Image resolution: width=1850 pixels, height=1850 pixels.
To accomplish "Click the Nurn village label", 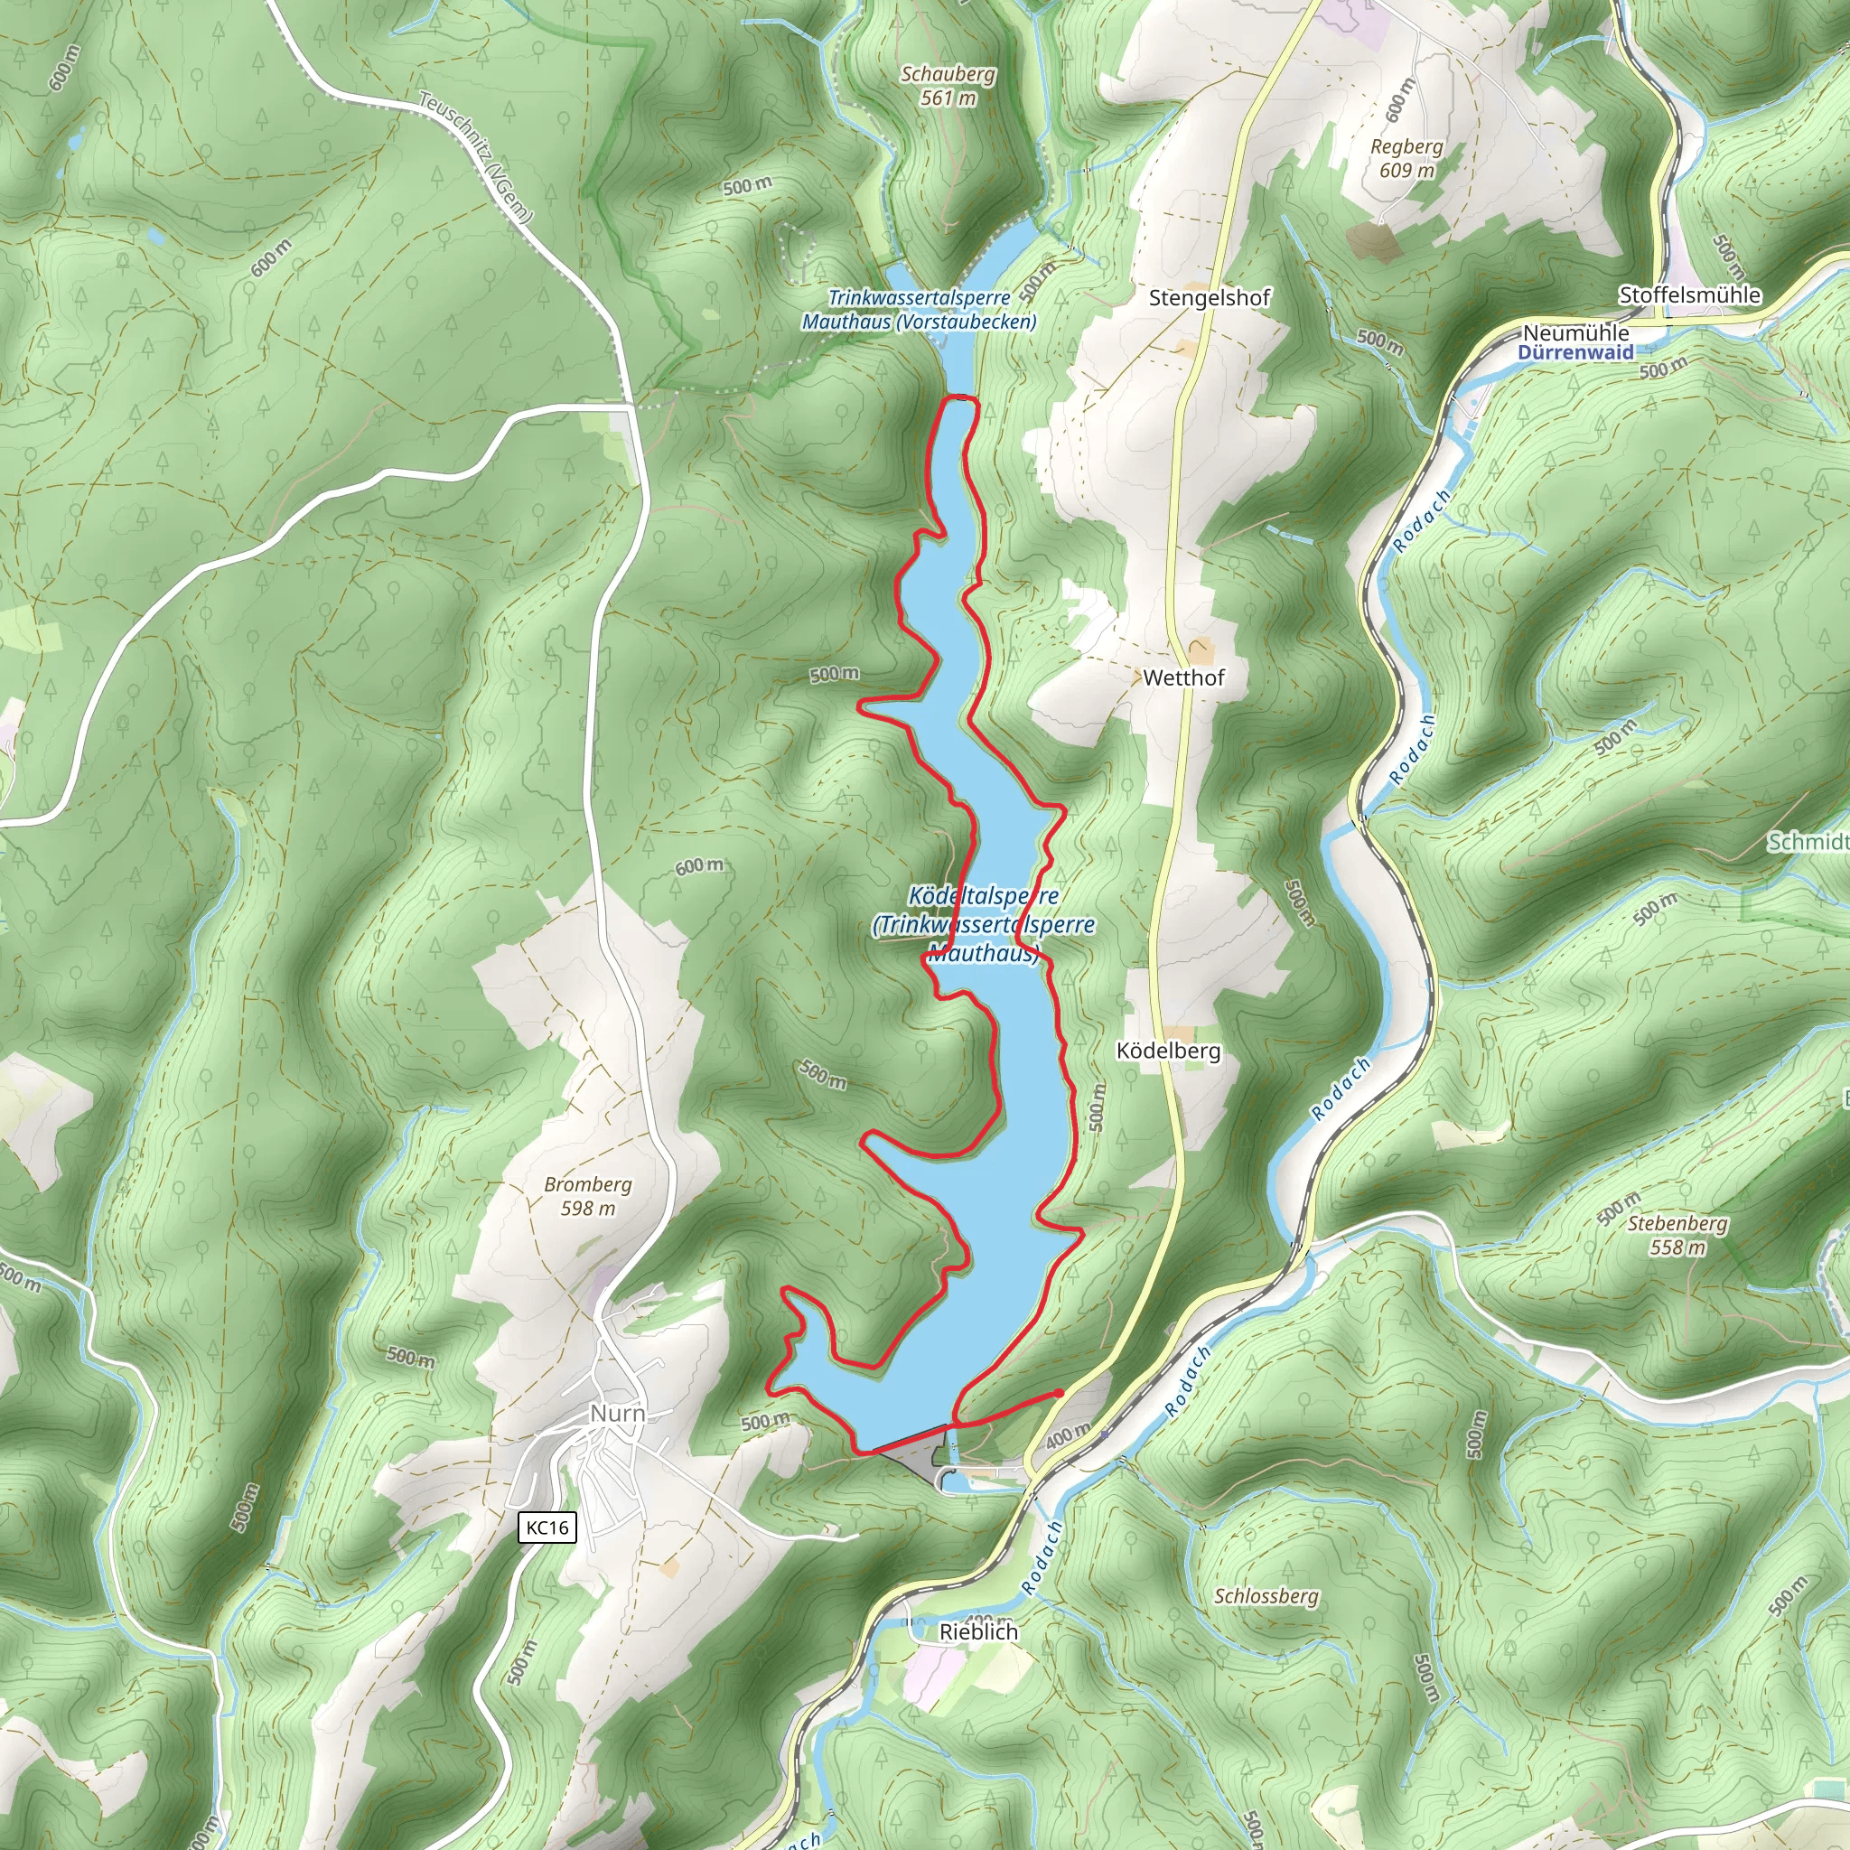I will coord(617,1414).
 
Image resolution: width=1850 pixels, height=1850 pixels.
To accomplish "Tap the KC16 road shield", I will coord(547,1528).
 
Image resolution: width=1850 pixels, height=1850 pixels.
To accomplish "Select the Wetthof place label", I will coord(1183,678).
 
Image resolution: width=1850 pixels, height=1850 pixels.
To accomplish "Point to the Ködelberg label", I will coord(1168,1051).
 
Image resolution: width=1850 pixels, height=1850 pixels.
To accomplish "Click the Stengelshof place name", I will coord(1210,298).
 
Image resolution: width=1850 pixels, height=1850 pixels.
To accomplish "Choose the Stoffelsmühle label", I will coord(1689,294).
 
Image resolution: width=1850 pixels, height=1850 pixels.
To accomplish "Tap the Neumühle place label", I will coord(1575,333).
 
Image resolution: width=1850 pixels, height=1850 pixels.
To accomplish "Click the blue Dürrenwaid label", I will coord(1575,352).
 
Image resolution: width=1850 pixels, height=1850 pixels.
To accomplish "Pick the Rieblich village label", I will coord(978,1631).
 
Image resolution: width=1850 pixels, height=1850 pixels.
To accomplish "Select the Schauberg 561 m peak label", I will coord(948,86).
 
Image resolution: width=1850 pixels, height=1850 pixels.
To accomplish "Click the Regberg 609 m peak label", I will coord(1406,159).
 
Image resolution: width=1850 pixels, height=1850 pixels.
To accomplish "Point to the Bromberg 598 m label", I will coord(588,1196).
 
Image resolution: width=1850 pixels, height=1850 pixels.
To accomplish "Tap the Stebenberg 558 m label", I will coord(1677,1235).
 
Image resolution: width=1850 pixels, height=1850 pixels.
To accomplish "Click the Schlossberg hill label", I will coord(1266,1596).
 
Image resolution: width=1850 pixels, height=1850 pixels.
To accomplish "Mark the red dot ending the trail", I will coord(1058,1393).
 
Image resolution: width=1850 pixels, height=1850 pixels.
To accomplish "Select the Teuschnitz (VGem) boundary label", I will coord(475,157).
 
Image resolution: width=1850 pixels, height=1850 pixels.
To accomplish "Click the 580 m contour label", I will coord(824,1075).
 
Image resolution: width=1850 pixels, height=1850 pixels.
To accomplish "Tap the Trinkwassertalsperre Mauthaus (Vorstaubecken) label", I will coord(919,310).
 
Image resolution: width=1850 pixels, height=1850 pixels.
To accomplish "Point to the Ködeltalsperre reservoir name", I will coord(984,897).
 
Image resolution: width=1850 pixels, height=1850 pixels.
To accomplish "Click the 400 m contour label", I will coord(1068,1435).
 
